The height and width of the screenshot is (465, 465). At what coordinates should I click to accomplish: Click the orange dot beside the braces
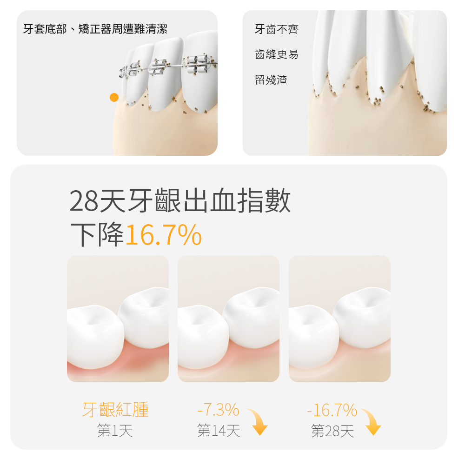click(114, 97)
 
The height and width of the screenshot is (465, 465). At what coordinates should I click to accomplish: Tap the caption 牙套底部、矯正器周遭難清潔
click(95, 30)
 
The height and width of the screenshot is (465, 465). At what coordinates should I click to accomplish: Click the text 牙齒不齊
click(277, 30)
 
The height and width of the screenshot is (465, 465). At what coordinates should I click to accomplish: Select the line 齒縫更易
click(277, 55)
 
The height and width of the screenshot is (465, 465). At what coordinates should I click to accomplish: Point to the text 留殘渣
click(271, 80)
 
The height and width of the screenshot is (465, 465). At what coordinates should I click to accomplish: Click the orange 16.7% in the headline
click(164, 235)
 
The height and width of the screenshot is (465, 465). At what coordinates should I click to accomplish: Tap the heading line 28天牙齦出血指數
click(180, 201)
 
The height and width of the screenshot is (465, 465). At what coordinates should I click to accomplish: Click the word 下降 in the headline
click(97, 235)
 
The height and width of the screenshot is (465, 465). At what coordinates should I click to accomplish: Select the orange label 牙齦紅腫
click(115, 410)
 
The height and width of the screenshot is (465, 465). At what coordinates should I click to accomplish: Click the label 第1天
click(115, 431)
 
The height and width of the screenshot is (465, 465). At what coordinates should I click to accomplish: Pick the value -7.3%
click(218, 410)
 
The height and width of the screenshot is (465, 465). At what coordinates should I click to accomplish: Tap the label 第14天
click(219, 431)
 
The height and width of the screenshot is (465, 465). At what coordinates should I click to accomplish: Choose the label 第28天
click(332, 431)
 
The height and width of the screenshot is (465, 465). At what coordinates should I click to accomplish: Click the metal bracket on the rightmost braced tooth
click(198, 65)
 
